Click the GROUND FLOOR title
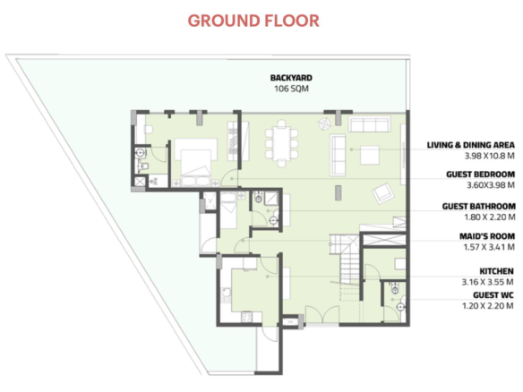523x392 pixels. point(253,21)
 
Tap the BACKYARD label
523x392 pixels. point(291,78)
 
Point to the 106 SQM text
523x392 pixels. point(291,89)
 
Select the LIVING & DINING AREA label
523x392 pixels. point(471,145)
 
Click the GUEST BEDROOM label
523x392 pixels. point(480,175)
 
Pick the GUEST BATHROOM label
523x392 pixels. point(478,207)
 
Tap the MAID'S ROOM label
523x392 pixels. point(487,236)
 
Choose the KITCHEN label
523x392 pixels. point(496,271)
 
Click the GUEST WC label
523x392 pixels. point(493,295)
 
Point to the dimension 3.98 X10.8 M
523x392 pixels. point(489,156)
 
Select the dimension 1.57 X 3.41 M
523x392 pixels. point(489,247)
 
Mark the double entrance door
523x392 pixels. point(322,314)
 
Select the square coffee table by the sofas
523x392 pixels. point(370,155)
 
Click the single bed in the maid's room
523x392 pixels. point(228,211)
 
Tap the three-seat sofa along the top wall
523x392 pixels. point(370,124)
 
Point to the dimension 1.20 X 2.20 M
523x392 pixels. point(488,306)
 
